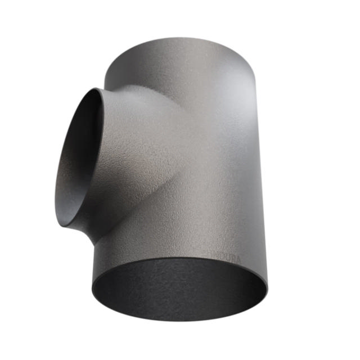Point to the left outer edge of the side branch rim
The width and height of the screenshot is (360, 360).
[56, 180]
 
